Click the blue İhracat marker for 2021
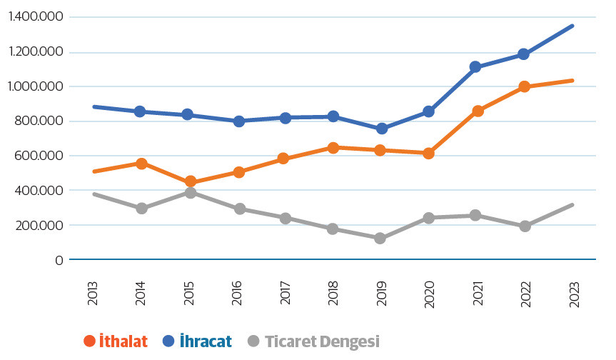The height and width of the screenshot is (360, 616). pyautogui.click(x=476, y=67)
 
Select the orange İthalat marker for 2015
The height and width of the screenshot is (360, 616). pyautogui.click(x=189, y=182)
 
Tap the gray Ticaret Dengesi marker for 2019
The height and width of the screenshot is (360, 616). pyautogui.click(x=380, y=238)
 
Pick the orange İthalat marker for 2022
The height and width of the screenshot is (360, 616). pyautogui.click(x=524, y=86)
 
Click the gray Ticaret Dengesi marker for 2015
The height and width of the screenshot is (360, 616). pyautogui.click(x=189, y=193)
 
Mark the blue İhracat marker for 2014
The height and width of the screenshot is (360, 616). pyautogui.click(x=141, y=111)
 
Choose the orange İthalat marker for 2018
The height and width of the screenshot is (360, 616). pyautogui.click(x=333, y=148)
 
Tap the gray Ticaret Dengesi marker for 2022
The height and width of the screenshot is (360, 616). pyautogui.click(x=524, y=226)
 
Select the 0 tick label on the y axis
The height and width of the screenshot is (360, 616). pyautogui.click(x=59, y=260)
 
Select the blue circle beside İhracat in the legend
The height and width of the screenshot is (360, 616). pyautogui.click(x=168, y=341)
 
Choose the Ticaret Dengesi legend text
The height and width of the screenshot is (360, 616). pyautogui.click(x=322, y=341)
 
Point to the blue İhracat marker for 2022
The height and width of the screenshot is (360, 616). pyautogui.click(x=524, y=54)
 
